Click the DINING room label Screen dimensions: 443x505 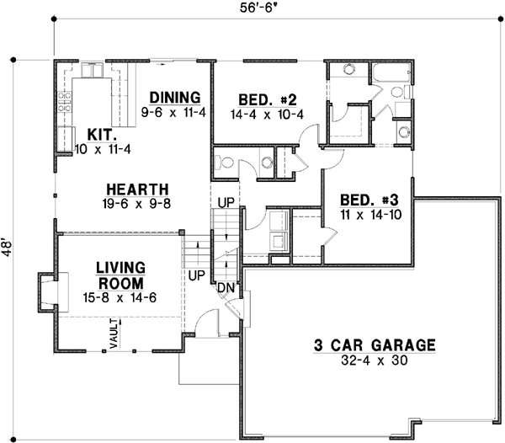click(176, 96)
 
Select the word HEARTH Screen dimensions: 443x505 click(137, 189)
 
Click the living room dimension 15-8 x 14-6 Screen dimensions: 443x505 click(121, 296)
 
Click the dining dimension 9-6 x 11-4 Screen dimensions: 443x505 click(175, 111)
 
